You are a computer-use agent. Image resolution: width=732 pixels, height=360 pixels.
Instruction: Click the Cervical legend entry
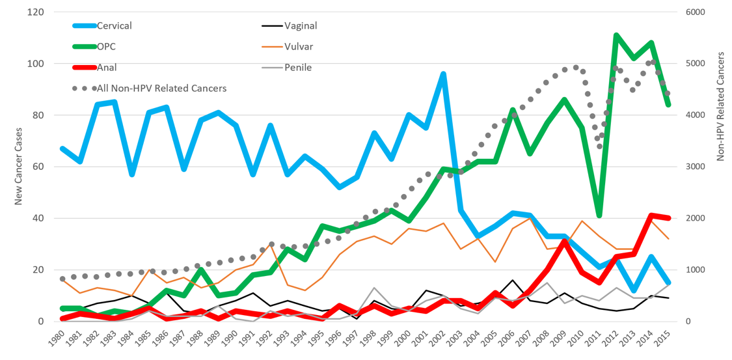click(x=115, y=26)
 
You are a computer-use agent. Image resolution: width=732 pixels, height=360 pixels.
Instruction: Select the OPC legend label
click(x=106, y=47)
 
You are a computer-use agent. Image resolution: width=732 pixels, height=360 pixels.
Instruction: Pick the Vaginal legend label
click(x=301, y=26)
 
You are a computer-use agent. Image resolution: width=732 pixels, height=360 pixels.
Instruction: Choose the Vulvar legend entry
click(x=299, y=47)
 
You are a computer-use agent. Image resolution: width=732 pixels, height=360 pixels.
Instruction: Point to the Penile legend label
click(x=298, y=67)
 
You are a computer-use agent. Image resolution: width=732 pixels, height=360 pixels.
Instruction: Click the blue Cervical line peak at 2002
click(x=444, y=74)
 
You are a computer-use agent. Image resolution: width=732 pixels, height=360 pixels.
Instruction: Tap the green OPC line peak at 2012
click(x=616, y=35)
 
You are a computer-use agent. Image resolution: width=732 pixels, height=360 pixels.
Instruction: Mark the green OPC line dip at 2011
click(x=599, y=215)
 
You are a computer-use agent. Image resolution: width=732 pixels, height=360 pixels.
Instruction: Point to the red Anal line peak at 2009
click(x=565, y=241)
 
